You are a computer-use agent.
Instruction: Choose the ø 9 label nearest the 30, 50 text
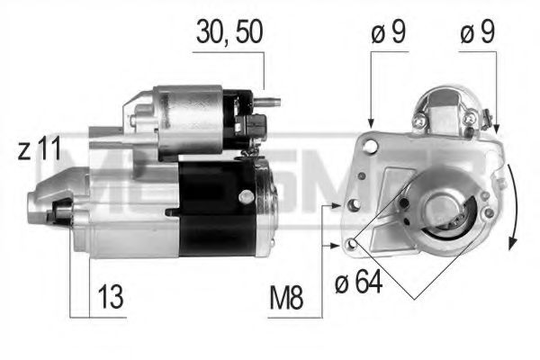pos(388,33)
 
